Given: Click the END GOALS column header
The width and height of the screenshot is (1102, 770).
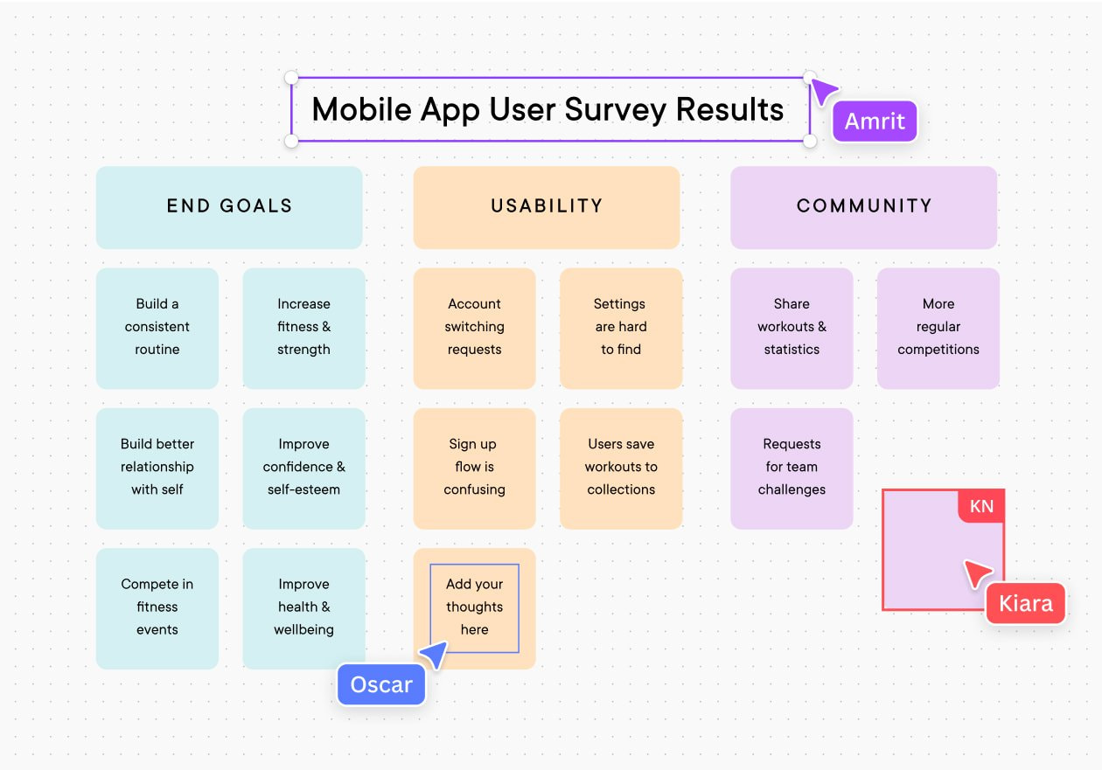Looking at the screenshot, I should pos(229,207).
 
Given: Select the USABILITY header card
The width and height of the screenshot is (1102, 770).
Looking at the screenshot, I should pos(547,207).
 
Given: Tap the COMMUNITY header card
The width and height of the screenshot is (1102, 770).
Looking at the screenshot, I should pos(863,207).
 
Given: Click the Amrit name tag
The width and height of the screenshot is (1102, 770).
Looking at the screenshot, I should pos(875,121).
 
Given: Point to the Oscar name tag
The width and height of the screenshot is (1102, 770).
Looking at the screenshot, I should pos(381,685).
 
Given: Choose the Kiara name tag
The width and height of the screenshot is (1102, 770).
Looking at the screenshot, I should pos(1025,604).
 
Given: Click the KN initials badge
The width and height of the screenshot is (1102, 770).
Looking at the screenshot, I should pos(981,507).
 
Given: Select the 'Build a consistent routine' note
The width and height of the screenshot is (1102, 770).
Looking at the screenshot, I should pos(157,328).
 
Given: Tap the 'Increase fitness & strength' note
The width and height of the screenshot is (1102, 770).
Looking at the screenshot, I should pos(303,328).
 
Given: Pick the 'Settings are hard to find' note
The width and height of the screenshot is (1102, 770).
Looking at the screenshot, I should pos(621,328).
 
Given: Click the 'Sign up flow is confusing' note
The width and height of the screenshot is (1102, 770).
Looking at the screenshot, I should pos(474,468).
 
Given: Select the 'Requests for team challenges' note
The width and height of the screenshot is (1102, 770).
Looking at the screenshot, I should pos(792,468).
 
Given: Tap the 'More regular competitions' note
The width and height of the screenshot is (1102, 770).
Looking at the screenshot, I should pos(938,328).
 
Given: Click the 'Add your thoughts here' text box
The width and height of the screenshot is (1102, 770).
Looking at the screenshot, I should pos(474,607).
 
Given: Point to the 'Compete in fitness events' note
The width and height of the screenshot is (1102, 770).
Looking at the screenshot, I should pos(157,607).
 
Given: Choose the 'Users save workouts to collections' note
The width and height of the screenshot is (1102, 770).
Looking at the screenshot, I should pos(621,468).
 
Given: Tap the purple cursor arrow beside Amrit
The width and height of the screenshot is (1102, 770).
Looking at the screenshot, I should pos(823,91).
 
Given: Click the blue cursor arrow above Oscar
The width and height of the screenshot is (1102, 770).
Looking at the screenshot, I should pos(435,654).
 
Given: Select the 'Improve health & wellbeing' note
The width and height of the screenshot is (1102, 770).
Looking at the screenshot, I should pos(303,607).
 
